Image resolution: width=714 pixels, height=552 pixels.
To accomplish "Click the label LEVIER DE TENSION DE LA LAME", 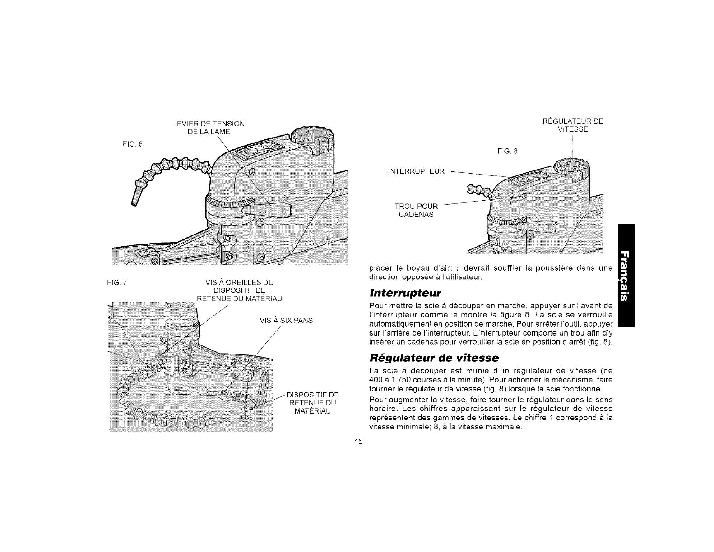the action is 209,128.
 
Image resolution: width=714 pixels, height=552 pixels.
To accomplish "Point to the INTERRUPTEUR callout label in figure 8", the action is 417,171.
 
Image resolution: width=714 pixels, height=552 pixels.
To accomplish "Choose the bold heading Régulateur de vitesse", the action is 434,358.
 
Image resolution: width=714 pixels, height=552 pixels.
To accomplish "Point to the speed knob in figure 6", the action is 311,141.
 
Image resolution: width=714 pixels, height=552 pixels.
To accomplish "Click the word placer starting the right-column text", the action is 380,269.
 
